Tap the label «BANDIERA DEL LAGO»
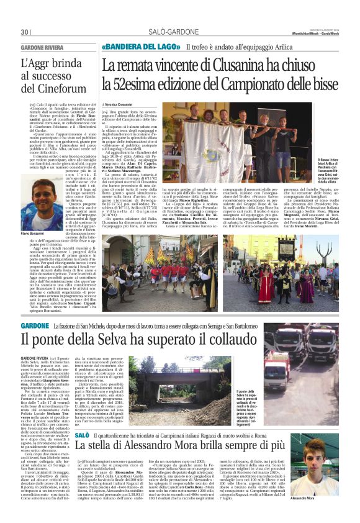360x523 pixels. (x=131, y=47)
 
